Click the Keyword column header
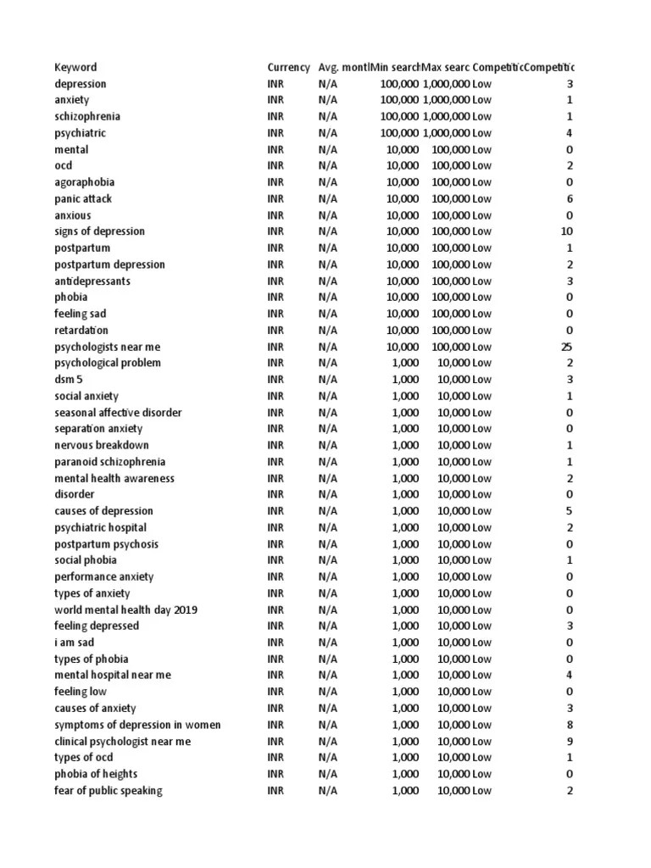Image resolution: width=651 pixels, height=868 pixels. (75, 68)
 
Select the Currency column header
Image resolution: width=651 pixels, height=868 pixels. (288, 68)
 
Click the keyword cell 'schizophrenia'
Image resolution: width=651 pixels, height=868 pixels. (87, 117)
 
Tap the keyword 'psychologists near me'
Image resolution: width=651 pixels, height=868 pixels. (108, 347)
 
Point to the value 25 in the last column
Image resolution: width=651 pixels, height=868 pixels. (567, 347)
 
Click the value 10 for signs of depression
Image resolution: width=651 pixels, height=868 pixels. (567, 231)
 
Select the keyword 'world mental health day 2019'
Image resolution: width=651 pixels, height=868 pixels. (126, 610)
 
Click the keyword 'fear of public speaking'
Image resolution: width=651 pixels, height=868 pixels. (108, 791)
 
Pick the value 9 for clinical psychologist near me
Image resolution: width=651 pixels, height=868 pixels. (570, 742)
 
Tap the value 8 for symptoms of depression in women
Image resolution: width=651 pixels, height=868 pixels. (570, 725)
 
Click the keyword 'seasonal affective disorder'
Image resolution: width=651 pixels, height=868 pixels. (118, 413)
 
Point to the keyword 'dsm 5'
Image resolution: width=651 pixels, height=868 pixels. (69, 380)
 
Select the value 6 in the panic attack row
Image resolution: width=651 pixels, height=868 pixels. (570, 199)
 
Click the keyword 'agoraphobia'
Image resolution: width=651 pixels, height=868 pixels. (85, 182)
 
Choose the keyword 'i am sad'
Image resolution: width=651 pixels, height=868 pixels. (75, 643)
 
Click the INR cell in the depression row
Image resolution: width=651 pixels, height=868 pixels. (275, 84)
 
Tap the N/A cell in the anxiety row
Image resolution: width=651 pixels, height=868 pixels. (327, 100)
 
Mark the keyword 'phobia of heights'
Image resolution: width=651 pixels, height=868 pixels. (96, 774)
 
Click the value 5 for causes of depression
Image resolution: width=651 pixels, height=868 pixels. (570, 511)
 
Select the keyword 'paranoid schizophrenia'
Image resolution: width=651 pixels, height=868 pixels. (110, 462)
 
